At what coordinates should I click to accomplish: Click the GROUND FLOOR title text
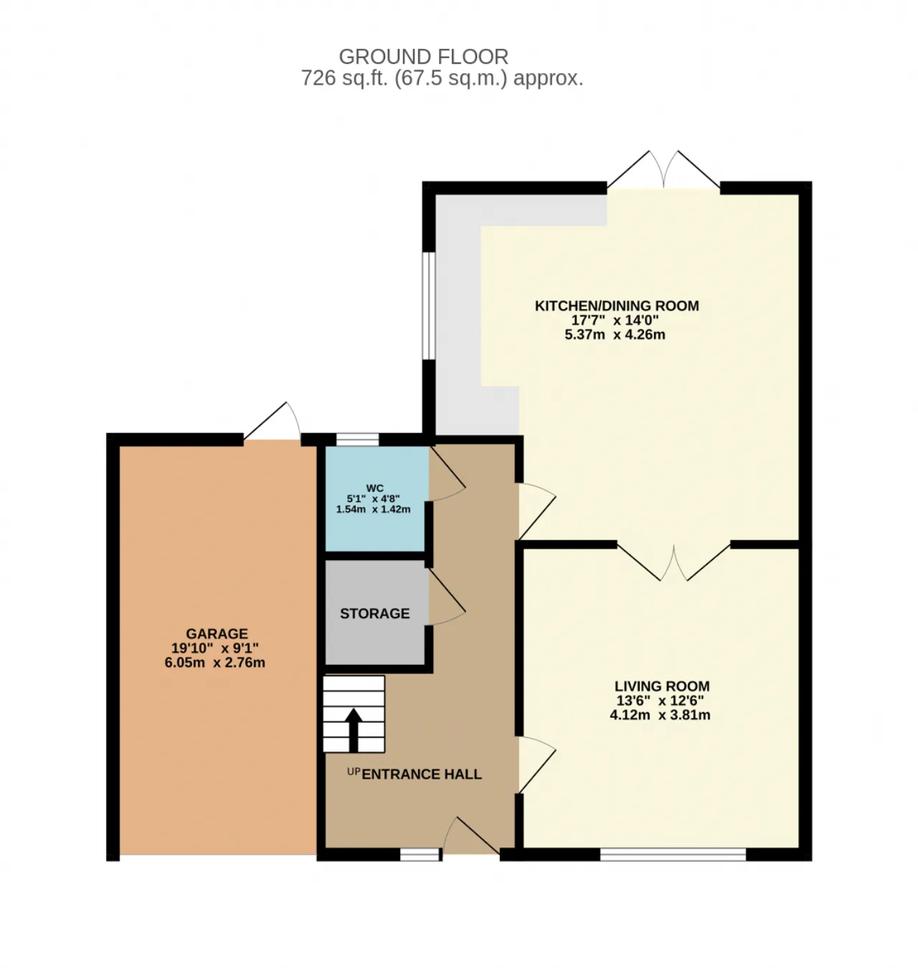(423, 57)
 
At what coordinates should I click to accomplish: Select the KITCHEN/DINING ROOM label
(617, 305)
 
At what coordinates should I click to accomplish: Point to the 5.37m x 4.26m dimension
(615, 335)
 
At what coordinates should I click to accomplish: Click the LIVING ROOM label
(662, 686)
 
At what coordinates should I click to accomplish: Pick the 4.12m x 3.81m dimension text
(660, 715)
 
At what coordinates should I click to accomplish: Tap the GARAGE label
(217, 633)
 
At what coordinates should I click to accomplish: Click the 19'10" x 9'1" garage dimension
(214, 648)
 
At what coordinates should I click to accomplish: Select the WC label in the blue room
(375, 488)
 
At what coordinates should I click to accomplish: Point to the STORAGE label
(375, 614)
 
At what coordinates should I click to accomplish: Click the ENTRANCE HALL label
(422, 774)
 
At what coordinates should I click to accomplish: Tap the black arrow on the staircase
(353, 730)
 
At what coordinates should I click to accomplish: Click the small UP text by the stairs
(354, 772)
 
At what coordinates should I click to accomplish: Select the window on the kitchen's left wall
(429, 306)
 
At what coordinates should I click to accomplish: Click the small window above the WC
(358, 440)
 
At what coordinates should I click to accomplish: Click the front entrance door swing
(471, 835)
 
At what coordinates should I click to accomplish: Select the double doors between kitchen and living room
(673, 562)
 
